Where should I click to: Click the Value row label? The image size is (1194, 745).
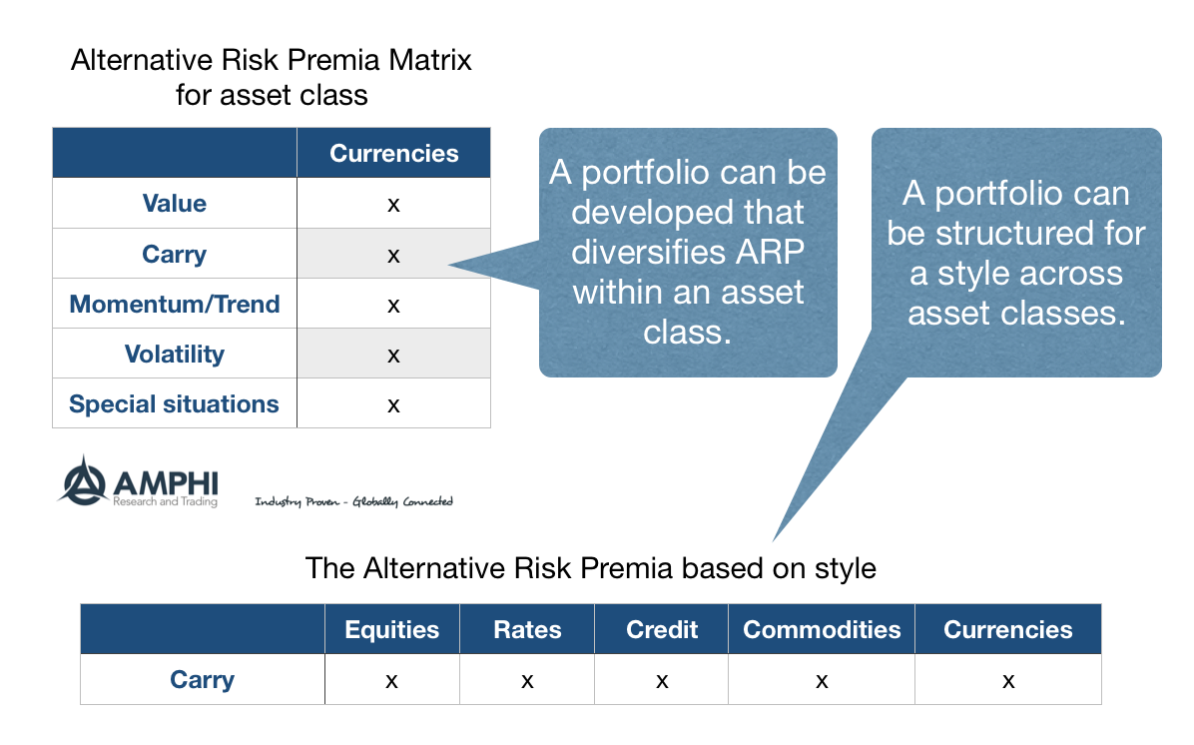[x=175, y=204]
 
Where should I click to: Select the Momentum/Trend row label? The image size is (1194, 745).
[x=175, y=304]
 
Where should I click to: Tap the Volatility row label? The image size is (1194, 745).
[x=175, y=355]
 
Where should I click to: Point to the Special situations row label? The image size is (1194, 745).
[x=175, y=404]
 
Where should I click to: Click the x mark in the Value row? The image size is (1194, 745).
[x=393, y=205]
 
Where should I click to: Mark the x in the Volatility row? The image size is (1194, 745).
[x=393, y=356]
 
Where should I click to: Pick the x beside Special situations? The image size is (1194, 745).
[x=393, y=406]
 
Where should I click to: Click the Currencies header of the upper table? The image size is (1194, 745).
[x=394, y=153]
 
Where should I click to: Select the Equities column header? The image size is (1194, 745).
[x=392, y=630]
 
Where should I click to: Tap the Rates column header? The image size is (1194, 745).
[x=528, y=630]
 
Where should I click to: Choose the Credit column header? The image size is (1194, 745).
[x=662, y=630]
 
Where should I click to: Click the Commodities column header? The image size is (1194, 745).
[x=822, y=630]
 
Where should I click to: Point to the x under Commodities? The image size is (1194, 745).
[x=822, y=682]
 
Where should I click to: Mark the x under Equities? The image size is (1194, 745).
[x=391, y=682]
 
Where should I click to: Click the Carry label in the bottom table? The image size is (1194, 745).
[x=202, y=679]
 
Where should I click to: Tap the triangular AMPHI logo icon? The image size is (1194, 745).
[x=82, y=480]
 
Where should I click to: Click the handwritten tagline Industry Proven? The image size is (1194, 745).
[x=297, y=501]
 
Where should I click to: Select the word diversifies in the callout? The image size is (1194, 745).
[x=639, y=252]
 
